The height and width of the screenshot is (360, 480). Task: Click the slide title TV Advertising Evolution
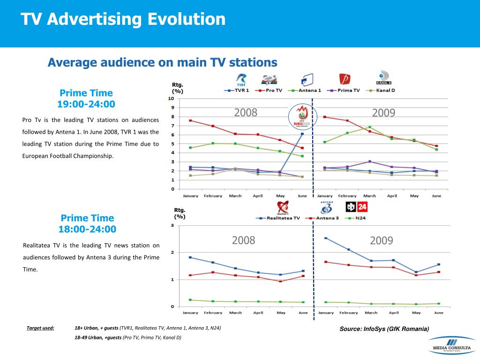pos(123,20)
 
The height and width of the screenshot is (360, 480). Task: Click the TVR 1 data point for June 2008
pos(302,134)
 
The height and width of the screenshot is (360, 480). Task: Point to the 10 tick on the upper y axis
pos(171,99)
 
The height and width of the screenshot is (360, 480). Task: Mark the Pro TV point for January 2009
pos(324,117)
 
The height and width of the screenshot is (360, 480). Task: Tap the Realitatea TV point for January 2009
pos(325,238)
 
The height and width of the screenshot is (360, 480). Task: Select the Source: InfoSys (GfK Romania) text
pos(384,329)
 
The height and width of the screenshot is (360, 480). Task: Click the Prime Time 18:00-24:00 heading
pos(87,224)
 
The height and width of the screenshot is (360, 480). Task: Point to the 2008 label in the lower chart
pos(244,240)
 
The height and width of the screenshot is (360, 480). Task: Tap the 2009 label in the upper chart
pos(383,112)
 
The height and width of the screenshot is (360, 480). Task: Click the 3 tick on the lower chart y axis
pos(172,225)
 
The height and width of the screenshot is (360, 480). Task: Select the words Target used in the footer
pos(40,328)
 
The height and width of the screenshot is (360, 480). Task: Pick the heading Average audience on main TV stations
pos(162,62)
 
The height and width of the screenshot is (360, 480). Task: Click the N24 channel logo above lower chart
pos(356,207)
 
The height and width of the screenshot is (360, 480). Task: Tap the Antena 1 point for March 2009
pos(370,127)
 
